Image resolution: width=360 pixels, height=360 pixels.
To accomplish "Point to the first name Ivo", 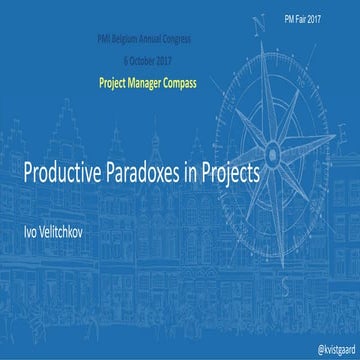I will point(32,205).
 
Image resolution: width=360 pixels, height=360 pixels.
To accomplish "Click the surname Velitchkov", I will point(68,205).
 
